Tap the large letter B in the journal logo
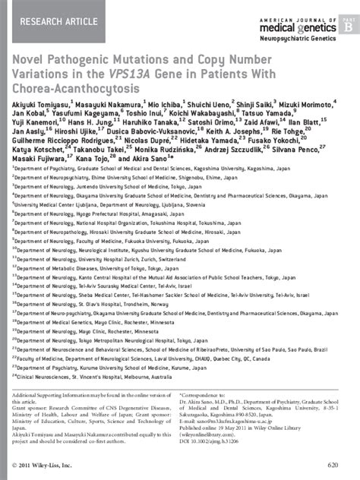click(348, 25)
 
